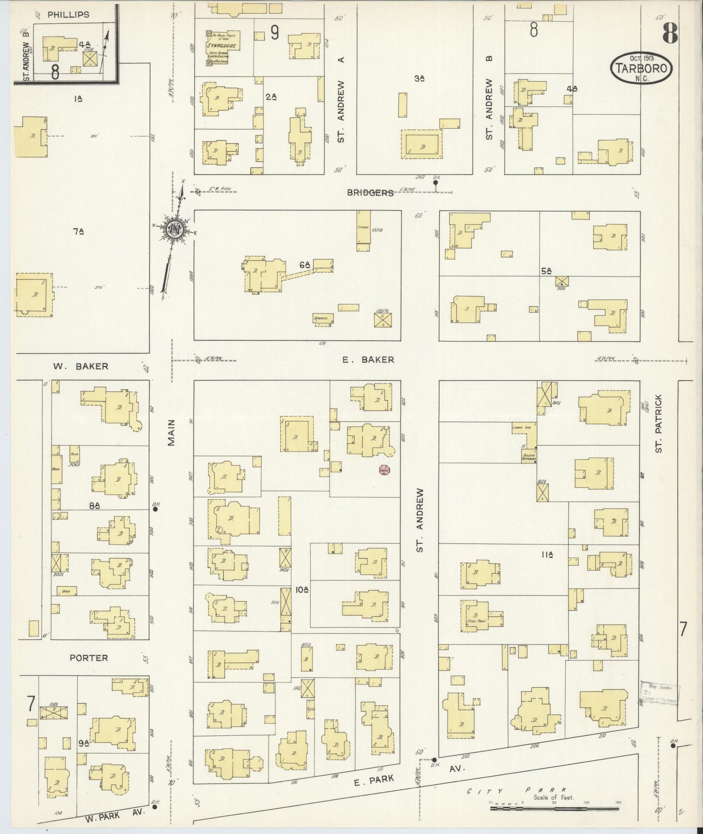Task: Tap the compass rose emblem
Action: coord(174,230)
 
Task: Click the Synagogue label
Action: coord(222,46)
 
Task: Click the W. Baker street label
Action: coord(81,366)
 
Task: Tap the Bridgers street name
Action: coord(370,193)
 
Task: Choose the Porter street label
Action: coord(89,657)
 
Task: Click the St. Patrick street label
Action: coord(659,424)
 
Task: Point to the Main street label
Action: coord(171,433)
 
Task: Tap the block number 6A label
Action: coord(305,265)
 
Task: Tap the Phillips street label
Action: coord(68,15)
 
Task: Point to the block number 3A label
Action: coord(420,78)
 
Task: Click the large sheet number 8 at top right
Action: coord(669,34)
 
